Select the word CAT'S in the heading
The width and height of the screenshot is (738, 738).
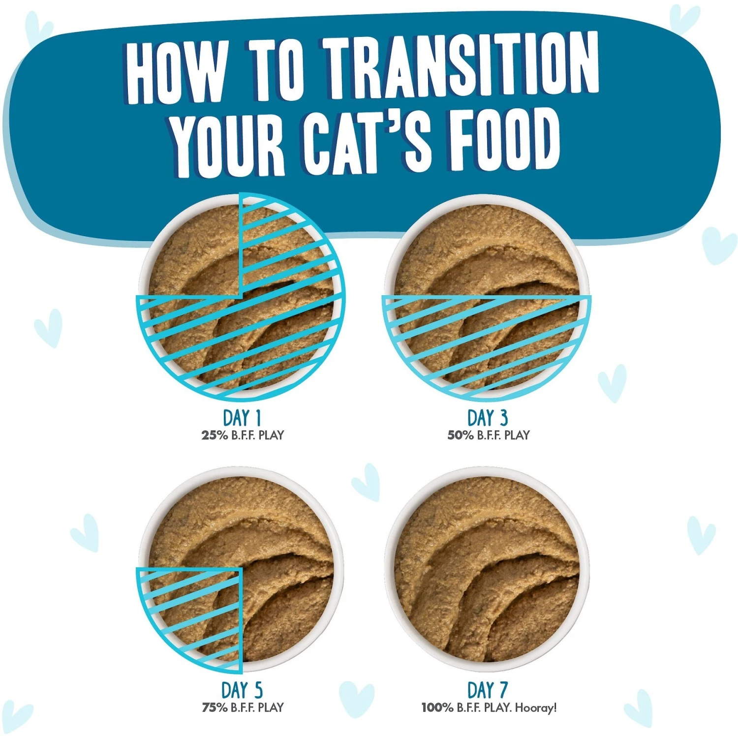coord(367,143)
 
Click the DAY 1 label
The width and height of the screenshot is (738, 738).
coord(242,418)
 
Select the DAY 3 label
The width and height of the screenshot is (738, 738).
coord(487,418)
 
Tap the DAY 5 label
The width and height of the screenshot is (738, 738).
coord(242,690)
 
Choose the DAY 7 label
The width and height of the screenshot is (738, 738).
coord(487,690)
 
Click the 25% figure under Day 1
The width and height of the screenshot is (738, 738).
coord(215,435)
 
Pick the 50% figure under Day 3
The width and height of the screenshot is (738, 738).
coord(461,435)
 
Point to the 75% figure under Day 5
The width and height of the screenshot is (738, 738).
coord(215,707)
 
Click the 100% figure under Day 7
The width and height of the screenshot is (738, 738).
coord(437,707)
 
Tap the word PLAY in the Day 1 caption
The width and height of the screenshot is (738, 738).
coord(271,435)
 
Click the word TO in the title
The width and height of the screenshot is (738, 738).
coord(276,69)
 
